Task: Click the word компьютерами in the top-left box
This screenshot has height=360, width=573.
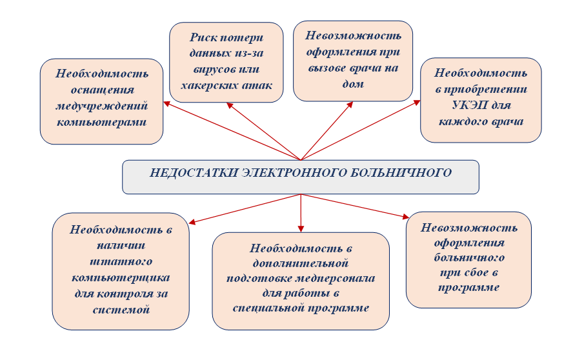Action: coord(101,121)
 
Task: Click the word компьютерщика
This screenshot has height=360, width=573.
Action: coord(120,277)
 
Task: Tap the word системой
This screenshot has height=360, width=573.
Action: coord(120,310)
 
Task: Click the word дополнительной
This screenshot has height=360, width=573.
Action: coord(301,263)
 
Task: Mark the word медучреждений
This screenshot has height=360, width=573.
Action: coord(101,105)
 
